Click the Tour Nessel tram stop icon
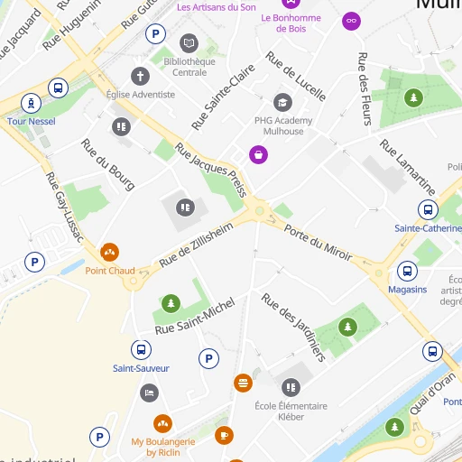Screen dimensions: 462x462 pos(32,102)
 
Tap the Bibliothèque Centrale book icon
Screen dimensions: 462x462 pos(189,42)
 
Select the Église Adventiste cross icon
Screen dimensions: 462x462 pos(140,76)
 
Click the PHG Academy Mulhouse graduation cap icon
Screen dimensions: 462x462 pos(283,103)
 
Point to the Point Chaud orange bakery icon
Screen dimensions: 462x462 pos(110,253)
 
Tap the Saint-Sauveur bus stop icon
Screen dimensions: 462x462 pos(141,350)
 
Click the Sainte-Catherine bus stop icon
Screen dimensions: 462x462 pos(429,211)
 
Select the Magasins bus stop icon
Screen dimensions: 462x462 pos(407,272)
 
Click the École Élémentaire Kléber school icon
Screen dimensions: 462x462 pos(291,388)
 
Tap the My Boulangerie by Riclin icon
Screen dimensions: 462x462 pos(163,423)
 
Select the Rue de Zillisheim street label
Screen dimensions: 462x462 pos(196,245)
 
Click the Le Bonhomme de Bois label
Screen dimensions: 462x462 pos(291,23)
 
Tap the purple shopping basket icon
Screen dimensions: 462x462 pos(259,154)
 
